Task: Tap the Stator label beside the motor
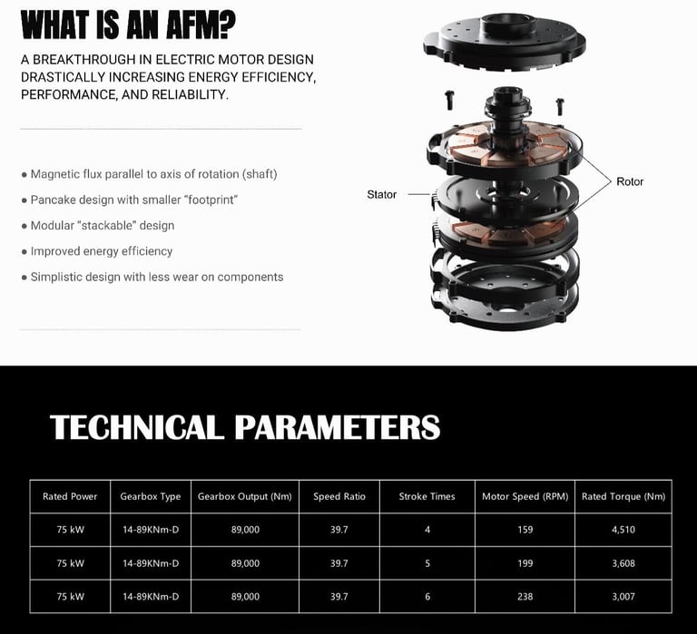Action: click(x=381, y=194)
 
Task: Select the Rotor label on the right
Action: click(x=630, y=181)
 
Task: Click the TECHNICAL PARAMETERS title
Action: click(x=245, y=427)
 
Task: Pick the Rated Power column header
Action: click(x=70, y=496)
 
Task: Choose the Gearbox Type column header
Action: click(x=151, y=496)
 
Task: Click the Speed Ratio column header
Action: click(x=339, y=496)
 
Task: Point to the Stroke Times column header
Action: click(x=427, y=496)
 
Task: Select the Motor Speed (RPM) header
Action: click(x=525, y=496)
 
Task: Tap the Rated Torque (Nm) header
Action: click(x=623, y=496)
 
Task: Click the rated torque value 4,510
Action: click(x=623, y=530)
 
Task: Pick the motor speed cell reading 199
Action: click(x=525, y=563)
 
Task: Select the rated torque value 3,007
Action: click(x=623, y=596)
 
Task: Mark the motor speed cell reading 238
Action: click(x=525, y=596)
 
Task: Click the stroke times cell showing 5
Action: click(x=427, y=563)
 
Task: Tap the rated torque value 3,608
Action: click(x=623, y=563)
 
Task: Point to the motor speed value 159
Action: click(x=525, y=530)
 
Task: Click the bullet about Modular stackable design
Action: click(x=102, y=225)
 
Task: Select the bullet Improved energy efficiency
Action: click(x=101, y=251)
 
